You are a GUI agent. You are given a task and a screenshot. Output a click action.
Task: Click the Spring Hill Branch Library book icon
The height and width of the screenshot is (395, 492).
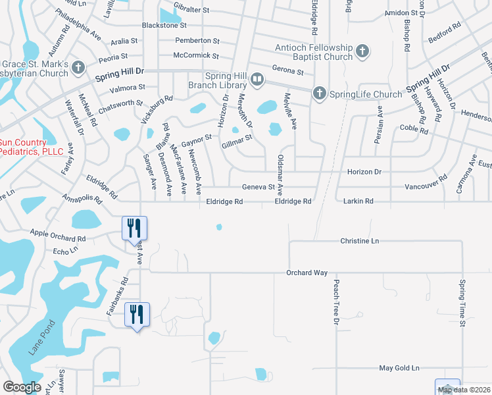click(257, 80)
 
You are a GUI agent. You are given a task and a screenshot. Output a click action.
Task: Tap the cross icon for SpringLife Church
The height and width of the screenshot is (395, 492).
click(319, 93)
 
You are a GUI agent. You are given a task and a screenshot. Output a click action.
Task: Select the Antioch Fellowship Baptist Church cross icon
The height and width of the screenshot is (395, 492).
click(361, 51)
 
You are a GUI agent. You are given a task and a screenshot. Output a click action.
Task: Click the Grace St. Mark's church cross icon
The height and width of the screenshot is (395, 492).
click(78, 67)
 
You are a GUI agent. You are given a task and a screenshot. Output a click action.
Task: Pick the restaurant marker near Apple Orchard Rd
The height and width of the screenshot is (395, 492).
click(134, 228)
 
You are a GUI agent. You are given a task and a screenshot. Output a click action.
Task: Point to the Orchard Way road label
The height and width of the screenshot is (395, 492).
click(307, 273)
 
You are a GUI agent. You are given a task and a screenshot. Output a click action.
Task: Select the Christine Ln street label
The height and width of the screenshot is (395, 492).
click(360, 242)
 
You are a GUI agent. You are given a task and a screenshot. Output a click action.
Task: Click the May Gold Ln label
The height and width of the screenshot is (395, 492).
click(399, 369)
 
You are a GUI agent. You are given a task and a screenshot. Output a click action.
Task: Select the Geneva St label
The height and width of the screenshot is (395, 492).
click(258, 187)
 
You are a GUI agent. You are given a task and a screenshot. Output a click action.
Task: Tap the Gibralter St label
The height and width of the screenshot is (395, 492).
click(191, 11)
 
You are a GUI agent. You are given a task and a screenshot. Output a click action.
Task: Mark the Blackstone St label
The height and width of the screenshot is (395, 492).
click(164, 26)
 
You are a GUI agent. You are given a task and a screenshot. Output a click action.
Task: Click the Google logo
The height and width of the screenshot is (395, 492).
click(22, 387)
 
